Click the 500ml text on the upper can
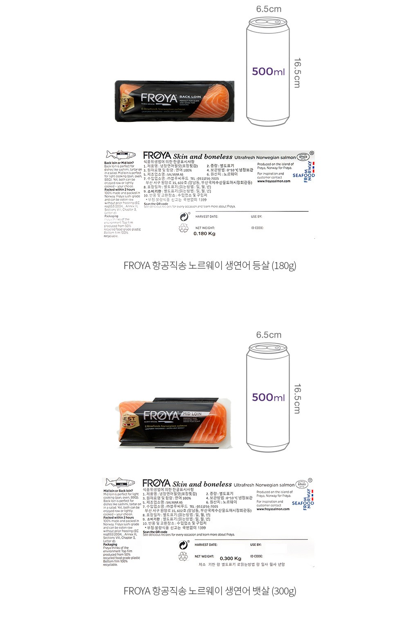pos(268,72)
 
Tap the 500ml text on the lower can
pos(268,397)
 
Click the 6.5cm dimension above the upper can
pos(269,9)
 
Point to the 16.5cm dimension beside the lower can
pos(297,399)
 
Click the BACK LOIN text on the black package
pos(190,97)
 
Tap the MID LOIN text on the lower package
pos(192,414)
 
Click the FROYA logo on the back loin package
pos(159,98)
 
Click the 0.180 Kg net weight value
pos(204,234)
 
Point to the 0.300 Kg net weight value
pos(231,558)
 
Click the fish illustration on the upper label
pos(121,155)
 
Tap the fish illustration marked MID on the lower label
pos(120,482)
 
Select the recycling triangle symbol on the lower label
pos(183,556)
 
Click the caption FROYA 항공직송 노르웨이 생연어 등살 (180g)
pos(210,266)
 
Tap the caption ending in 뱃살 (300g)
pos(210,591)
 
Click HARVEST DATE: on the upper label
pos(206,217)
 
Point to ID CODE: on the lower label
pos(257,556)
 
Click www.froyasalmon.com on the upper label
pos(274,181)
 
